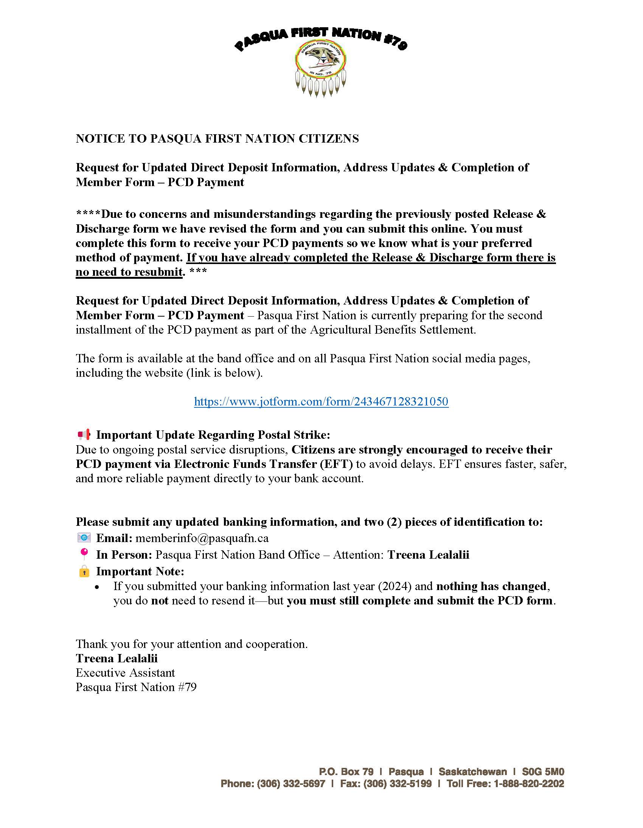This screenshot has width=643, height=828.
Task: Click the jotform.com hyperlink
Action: (x=321, y=401)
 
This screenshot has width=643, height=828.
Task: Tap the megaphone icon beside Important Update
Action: (x=84, y=435)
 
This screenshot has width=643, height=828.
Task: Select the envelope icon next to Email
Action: (x=84, y=538)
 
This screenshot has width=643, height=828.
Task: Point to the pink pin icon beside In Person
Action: (x=84, y=554)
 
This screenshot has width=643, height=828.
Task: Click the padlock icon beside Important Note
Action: (x=84, y=571)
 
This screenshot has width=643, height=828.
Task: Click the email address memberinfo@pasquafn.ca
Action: (x=202, y=538)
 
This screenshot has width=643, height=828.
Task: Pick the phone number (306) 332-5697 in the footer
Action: (x=291, y=784)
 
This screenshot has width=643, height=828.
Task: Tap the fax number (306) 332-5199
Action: (x=397, y=784)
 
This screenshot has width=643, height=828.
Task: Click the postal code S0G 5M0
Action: (x=543, y=772)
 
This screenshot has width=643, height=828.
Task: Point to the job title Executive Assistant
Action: (x=126, y=673)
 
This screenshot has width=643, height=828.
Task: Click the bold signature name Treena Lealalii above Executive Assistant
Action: (x=117, y=658)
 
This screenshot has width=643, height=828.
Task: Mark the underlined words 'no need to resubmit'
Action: (x=129, y=272)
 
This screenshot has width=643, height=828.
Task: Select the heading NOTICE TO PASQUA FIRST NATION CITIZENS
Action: (x=217, y=139)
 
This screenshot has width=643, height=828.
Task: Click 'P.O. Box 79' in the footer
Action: (x=346, y=772)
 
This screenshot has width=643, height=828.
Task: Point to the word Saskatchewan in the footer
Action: (x=472, y=772)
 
